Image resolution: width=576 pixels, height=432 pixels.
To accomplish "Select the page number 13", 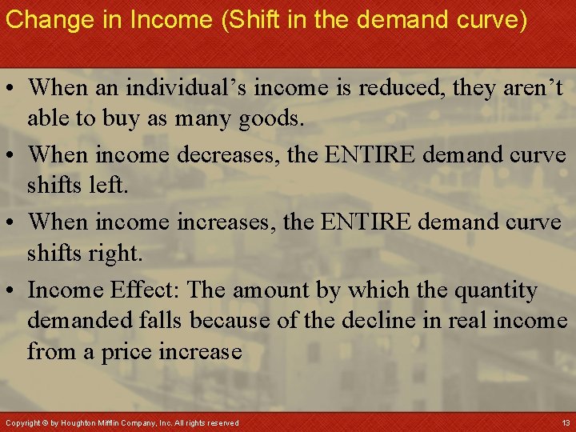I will pyautogui.click(x=566, y=422).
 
